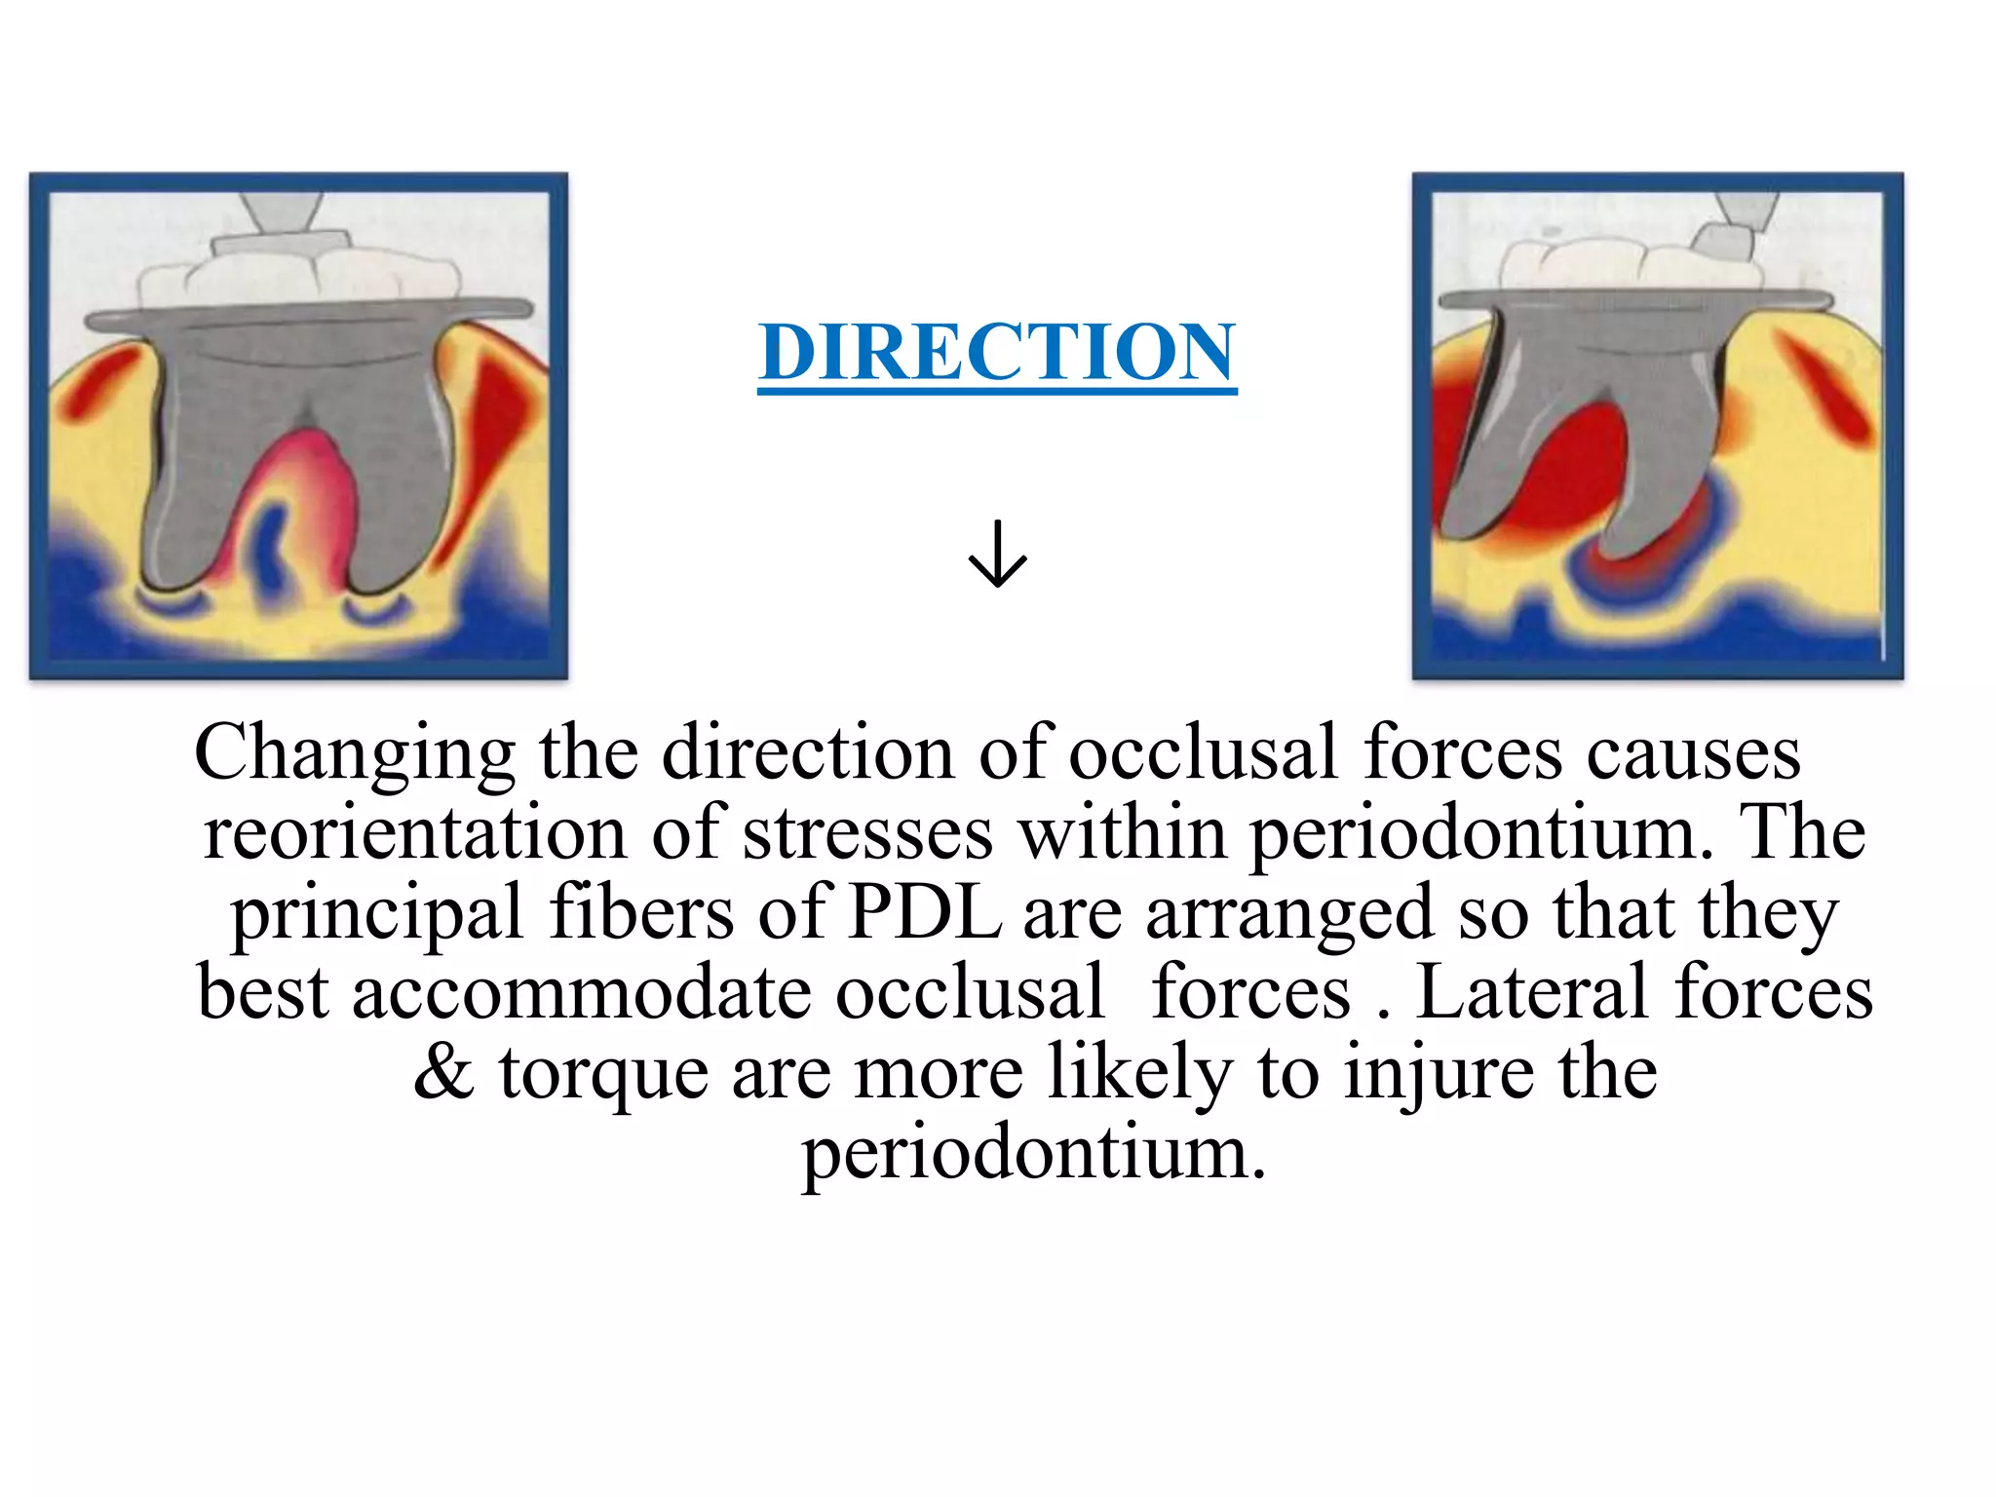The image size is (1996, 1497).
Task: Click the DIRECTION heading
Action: point(997,353)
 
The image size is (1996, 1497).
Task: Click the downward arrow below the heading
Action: point(997,554)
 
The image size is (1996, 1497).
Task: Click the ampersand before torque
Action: point(444,1073)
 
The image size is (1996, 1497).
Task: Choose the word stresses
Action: point(867,835)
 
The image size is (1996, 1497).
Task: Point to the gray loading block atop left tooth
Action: point(281,241)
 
